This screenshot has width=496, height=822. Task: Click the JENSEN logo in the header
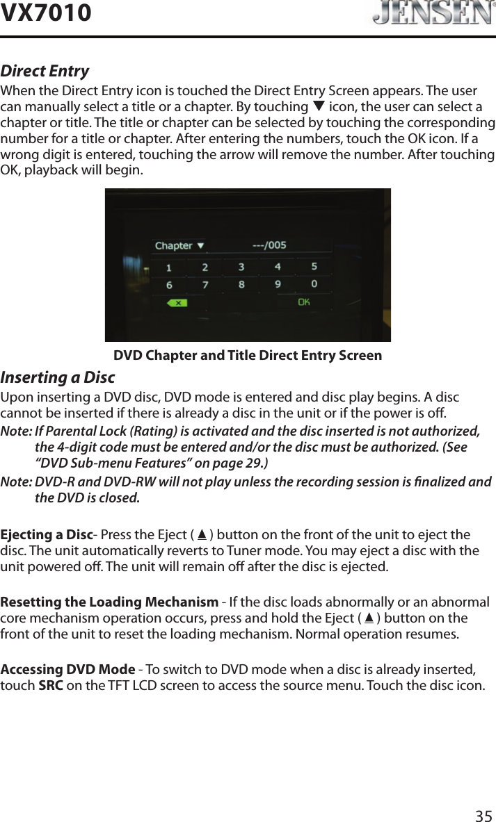429,14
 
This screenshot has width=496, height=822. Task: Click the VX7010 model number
46,13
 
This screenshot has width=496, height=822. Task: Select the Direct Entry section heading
45,72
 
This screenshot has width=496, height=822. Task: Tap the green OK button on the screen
304,302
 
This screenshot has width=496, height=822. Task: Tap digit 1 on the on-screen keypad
167,268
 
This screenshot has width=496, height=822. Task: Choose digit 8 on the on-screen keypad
241,284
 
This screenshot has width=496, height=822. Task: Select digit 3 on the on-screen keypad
241,267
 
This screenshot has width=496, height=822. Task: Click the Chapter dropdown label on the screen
179,245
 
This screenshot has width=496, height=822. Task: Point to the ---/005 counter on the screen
269,245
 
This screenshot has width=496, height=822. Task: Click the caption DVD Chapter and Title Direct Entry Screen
248,356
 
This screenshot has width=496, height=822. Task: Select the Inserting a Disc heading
58,378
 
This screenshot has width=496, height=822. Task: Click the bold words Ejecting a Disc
47,535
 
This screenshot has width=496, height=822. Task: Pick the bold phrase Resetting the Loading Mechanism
109,602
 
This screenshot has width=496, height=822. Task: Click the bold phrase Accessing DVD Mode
67,669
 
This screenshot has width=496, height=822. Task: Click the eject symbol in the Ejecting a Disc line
202,535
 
